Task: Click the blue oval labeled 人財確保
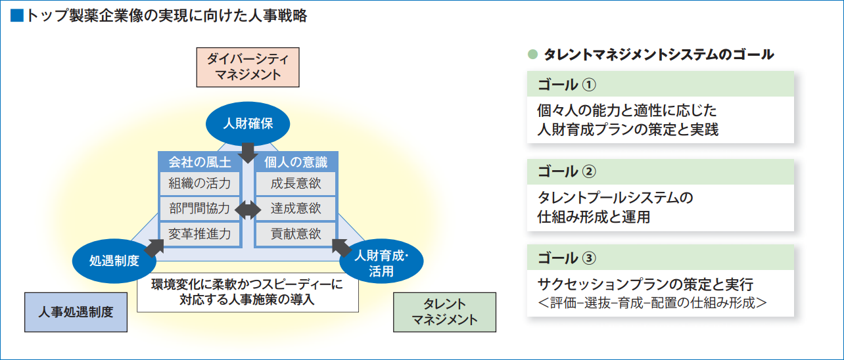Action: [248, 124]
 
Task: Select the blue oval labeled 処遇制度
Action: [114, 260]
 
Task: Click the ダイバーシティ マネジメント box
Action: [248, 66]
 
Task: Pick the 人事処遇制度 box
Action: [76, 311]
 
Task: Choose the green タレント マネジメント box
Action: [444, 312]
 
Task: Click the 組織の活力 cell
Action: [200, 183]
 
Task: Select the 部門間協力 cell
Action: [200, 209]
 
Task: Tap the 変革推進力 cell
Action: [200, 234]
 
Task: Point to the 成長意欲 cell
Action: [296, 183]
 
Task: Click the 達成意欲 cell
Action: [296, 209]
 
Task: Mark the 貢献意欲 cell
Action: [296, 234]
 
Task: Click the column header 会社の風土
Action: [200, 162]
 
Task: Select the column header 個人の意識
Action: [296, 162]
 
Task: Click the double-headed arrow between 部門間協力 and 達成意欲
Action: [248, 210]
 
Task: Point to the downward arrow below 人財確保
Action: [248, 152]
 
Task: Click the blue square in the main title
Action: [17, 16]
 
